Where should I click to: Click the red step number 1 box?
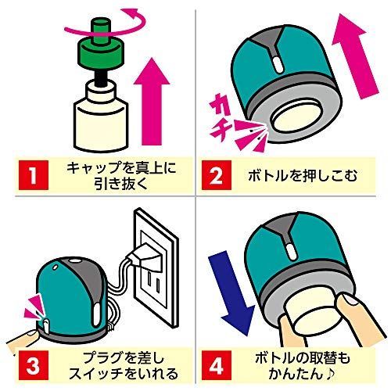coord(34,175)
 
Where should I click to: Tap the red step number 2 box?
coord(217,175)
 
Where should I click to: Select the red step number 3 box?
coord(34,365)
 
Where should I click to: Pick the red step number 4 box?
coord(217,365)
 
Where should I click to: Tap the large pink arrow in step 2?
coord(356,56)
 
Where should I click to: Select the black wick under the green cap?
coord(101,77)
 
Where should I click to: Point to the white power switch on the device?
coord(46,325)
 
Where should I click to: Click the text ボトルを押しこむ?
coord(303,175)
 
